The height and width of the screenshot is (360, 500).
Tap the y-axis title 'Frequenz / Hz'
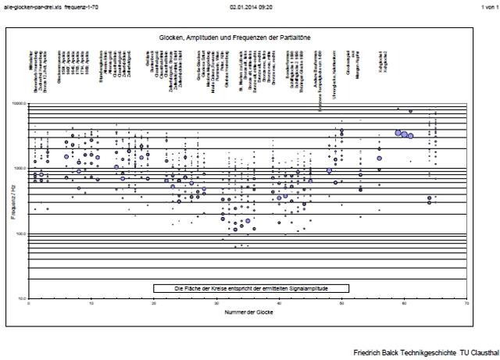pyautogui.click(x=14, y=201)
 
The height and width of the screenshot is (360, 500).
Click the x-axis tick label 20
pyautogui.click(x=154, y=303)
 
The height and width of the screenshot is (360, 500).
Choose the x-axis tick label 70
pyautogui.click(x=466, y=303)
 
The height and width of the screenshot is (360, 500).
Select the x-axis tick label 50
pyautogui.click(x=341, y=303)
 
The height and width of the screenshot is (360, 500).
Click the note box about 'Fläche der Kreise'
pyautogui.click(x=251, y=288)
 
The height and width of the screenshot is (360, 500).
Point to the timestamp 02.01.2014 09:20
pyautogui.click(x=248, y=6)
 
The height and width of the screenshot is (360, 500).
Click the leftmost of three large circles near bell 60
pyautogui.click(x=398, y=133)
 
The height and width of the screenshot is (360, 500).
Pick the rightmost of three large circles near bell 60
pyautogui.click(x=410, y=136)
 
